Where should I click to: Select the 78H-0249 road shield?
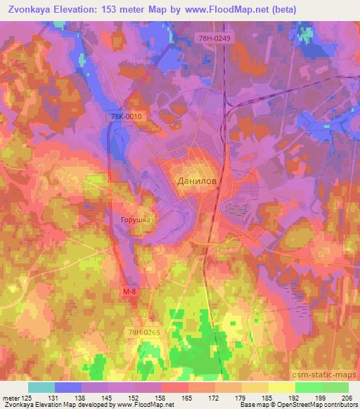213,38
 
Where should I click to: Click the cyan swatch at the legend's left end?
41,387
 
